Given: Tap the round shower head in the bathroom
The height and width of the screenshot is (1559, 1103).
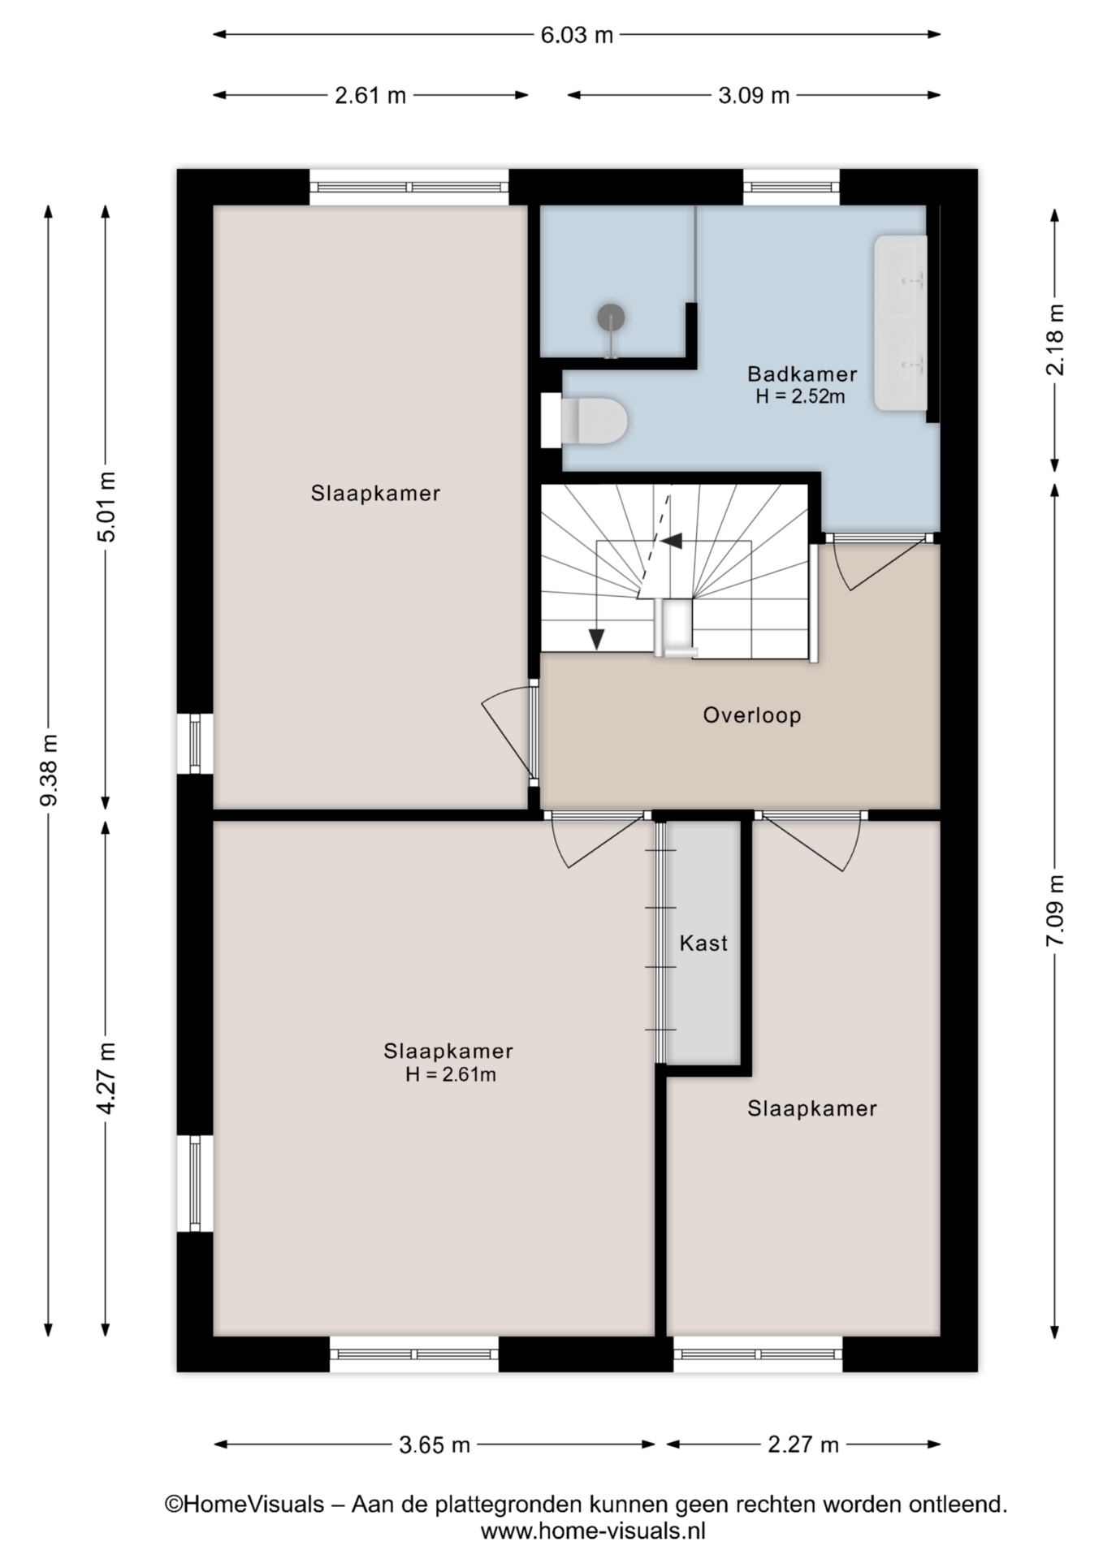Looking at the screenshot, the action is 611,317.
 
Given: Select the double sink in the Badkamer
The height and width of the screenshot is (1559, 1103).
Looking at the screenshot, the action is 900,322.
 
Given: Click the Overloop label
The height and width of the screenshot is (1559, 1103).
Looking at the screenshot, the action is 752,715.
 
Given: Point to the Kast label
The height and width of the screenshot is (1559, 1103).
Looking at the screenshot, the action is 703,943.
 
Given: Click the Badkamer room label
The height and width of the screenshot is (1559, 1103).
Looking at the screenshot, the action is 802,374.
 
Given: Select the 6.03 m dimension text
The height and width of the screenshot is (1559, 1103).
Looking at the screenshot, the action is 577,35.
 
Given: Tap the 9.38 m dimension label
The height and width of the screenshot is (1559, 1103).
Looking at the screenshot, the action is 49,770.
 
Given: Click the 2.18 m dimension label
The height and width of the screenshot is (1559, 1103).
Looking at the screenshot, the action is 1055,339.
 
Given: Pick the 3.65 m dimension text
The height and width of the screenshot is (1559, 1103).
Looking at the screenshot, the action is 435,1445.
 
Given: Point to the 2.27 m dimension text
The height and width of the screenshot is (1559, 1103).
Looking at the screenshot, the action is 803,1445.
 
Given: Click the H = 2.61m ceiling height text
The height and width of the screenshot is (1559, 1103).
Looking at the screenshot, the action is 451,1075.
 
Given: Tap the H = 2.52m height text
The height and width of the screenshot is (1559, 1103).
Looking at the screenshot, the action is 800,396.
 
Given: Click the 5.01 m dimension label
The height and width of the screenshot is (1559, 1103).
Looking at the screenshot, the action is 106,506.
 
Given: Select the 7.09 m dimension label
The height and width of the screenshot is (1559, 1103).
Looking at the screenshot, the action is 1055,910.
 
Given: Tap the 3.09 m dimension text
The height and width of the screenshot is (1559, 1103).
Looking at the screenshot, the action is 754,96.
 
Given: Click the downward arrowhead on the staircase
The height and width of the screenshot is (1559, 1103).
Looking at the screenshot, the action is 597,639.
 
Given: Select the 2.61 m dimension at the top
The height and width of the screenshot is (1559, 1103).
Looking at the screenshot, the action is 370,96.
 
